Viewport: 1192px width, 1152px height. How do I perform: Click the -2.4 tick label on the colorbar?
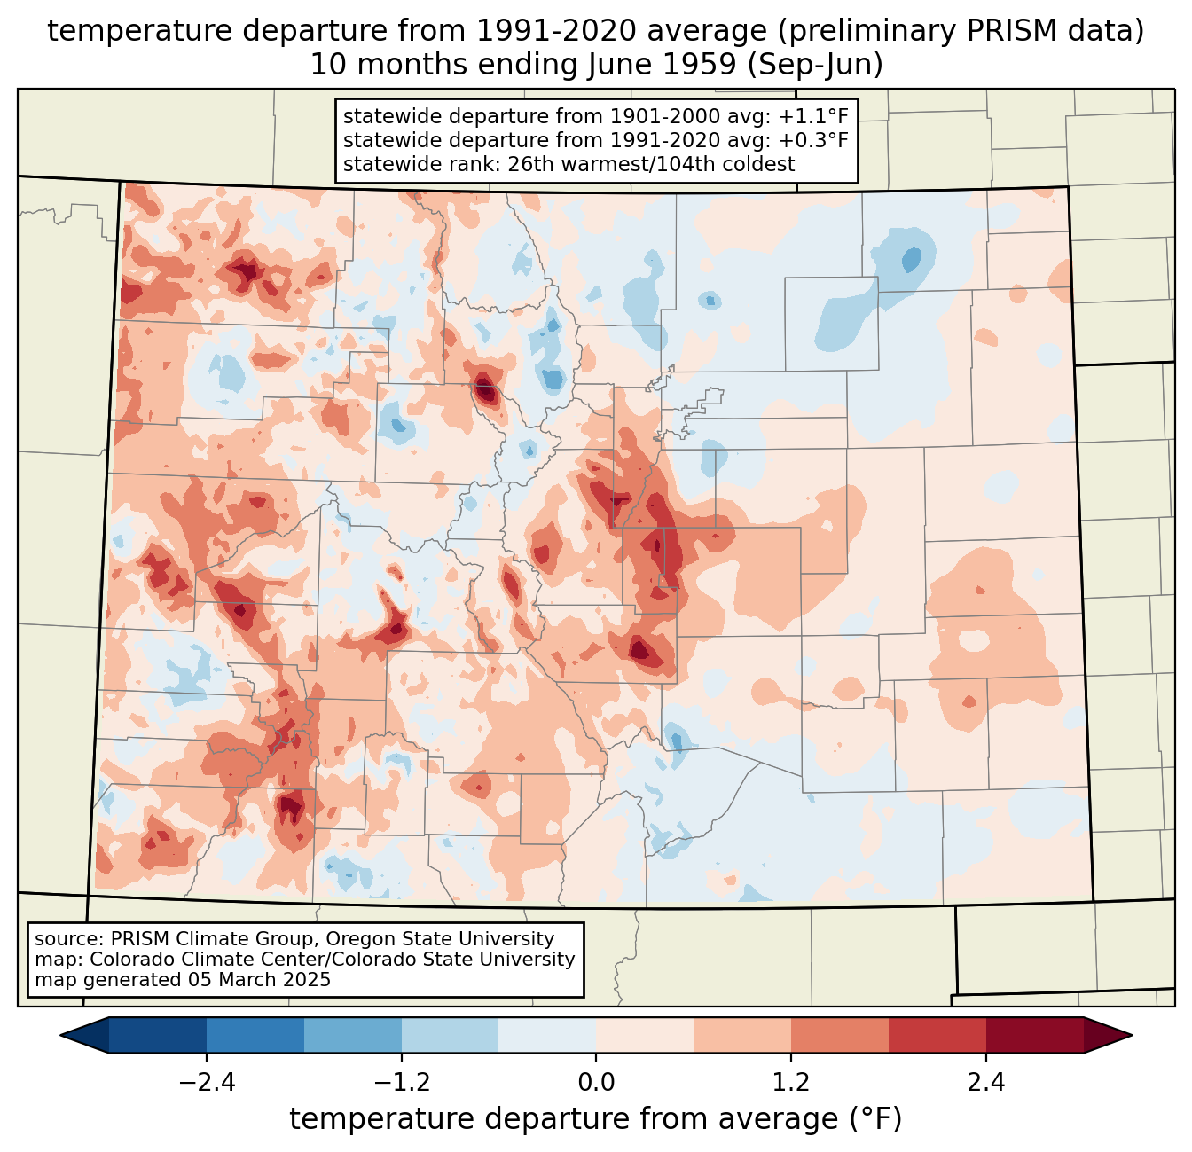click(207, 1082)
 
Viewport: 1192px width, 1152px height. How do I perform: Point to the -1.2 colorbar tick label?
click(402, 1082)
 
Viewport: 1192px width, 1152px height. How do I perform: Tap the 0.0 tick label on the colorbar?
click(596, 1082)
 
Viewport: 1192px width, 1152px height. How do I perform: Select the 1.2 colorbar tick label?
click(791, 1082)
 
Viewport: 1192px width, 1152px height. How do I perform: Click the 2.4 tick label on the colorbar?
click(986, 1082)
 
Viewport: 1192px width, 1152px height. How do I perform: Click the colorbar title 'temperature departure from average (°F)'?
click(596, 1118)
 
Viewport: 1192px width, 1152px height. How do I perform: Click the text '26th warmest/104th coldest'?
click(651, 164)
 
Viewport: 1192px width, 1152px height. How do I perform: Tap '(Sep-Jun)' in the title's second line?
click(815, 65)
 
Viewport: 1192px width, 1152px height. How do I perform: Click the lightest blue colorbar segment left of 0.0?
click(547, 1035)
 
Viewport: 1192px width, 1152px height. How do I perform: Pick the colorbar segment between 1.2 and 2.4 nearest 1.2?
click(840, 1035)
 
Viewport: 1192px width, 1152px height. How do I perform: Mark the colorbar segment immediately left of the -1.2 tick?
click(353, 1035)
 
